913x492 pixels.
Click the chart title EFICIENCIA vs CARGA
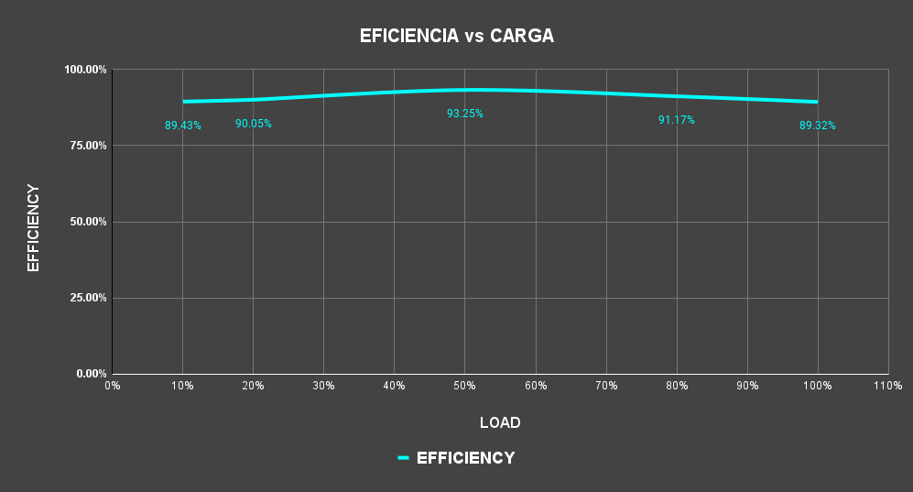pyautogui.click(x=456, y=37)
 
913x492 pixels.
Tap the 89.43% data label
pyautogui.click(x=183, y=126)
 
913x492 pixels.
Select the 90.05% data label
pyautogui.click(x=254, y=124)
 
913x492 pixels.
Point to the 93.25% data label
pyautogui.click(x=465, y=114)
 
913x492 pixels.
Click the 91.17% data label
pyautogui.click(x=677, y=120)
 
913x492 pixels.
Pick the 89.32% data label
pyautogui.click(x=818, y=126)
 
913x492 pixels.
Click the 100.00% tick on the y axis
pyautogui.click(x=85, y=70)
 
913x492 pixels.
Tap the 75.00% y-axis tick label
pyautogui.click(x=88, y=146)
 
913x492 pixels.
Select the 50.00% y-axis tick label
pyautogui.click(x=88, y=222)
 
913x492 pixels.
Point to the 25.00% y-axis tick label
pyautogui.click(x=88, y=298)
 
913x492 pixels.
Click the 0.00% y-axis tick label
pyautogui.click(x=91, y=374)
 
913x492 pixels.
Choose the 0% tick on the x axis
pyautogui.click(x=112, y=386)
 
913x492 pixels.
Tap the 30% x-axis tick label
pyautogui.click(x=323, y=386)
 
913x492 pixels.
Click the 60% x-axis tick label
pyautogui.click(x=536, y=386)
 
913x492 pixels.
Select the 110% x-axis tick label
pyautogui.click(x=888, y=386)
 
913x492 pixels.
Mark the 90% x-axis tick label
pyautogui.click(x=747, y=386)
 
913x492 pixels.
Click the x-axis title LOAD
pyautogui.click(x=500, y=423)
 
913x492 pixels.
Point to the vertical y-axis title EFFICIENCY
pyautogui.click(x=34, y=228)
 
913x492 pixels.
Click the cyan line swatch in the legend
pyautogui.click(x=403, y=458)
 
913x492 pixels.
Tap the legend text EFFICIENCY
pyautogui.click(x=465, y=458)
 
